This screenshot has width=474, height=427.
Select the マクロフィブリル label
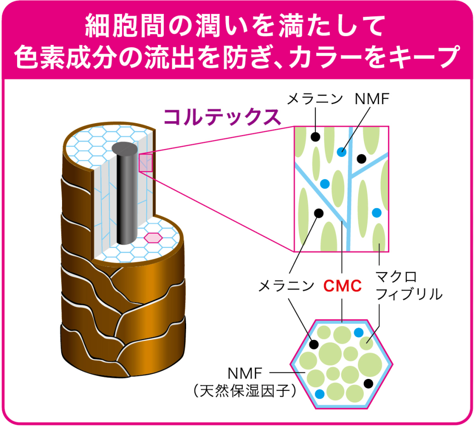409,286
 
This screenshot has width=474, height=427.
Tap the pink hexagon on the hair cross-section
152,238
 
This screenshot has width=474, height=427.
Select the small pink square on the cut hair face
146,162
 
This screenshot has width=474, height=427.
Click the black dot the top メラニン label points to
316,137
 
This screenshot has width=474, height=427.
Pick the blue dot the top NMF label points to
342,151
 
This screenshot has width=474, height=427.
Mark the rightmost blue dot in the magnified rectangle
376,213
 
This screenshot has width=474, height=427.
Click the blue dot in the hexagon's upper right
359,332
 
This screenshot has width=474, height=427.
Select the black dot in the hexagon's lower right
369,384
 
